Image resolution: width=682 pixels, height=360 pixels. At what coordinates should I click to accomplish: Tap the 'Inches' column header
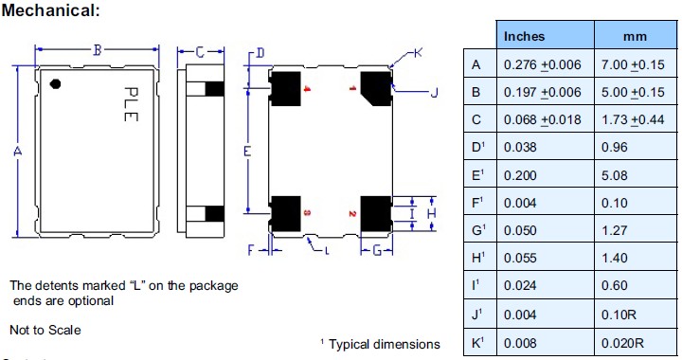tap(524, 37)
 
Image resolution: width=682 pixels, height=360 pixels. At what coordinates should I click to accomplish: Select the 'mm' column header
tap(634, 37)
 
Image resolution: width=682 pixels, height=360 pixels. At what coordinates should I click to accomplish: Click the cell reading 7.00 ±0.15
tap(632, 65)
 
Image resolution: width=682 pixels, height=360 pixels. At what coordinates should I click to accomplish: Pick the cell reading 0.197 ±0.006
tap(541, 93)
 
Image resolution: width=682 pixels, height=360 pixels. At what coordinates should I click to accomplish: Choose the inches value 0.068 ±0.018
tap(541, 120)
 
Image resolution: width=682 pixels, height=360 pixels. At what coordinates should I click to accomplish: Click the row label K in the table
tap(478, 340)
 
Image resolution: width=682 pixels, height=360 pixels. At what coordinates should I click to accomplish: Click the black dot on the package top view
tap(55, 83)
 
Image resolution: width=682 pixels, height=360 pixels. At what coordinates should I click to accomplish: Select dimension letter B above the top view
tap(98, 49)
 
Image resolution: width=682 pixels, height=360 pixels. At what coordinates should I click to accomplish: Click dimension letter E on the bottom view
tap(247, 152)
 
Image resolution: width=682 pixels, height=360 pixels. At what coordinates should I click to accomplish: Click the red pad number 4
tap(306, 89)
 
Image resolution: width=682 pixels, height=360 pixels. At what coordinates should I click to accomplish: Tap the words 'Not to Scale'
tap(45, 330)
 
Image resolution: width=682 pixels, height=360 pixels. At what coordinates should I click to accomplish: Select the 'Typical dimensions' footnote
tap(385, 344)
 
